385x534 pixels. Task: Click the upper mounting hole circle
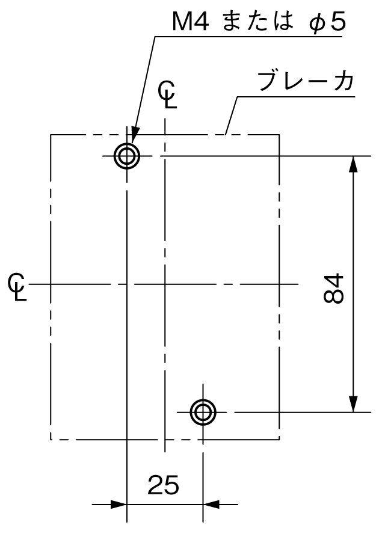(127, 144)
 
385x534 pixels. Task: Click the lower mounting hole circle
(203, 400)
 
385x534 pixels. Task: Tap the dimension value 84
(333, 288)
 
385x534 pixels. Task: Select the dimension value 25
(163, 485)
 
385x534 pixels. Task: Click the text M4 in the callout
(190, 22)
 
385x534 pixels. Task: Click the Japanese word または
(258, 21)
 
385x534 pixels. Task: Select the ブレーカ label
(306, 81)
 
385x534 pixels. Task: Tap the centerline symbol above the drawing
(167, 94)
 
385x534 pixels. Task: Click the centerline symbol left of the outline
(17, 286)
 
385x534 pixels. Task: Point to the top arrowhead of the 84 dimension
(354, 164)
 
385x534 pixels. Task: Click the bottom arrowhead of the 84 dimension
(354, 404)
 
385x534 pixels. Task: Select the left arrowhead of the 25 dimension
(119, 505)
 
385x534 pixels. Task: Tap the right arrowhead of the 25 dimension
(211, 505)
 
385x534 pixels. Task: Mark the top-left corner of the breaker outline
(51, 135)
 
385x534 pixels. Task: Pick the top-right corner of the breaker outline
(279, 135)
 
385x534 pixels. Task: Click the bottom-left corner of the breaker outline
(51, 440)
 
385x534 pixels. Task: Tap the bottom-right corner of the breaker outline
(279, 440)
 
